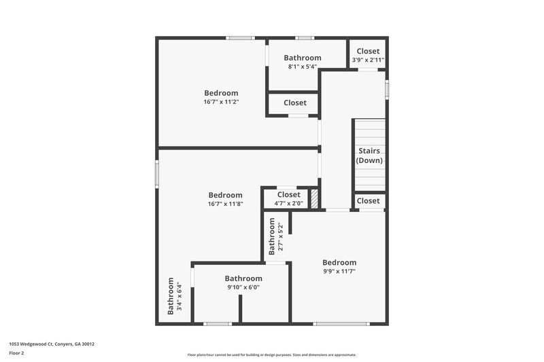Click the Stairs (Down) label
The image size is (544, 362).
click(369, 156)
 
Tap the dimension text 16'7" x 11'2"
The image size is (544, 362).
click(221, 102)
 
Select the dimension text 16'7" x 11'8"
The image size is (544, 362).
click(225, 204)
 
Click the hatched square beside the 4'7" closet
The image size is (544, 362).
click(314, 198)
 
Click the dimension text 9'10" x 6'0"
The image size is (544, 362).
click(243, 287)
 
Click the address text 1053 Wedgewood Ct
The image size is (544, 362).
click(52, 344)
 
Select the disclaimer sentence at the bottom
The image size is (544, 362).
click(271, 355)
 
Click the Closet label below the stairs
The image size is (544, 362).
click(368, 200)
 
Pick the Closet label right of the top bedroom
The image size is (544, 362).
click(294, 103)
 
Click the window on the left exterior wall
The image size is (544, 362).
click(157, 174)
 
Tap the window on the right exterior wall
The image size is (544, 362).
click(387, 89)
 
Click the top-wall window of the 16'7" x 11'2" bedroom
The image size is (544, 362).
click(240, 38)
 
